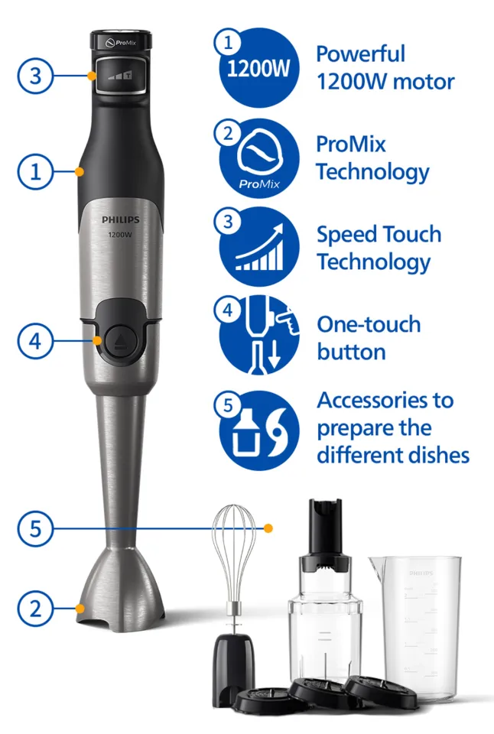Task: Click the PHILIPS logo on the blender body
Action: pos(120,219)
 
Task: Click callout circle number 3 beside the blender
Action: pos(36,76)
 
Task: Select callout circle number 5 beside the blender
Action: pos(36,528)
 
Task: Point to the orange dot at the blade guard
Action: pos(80,609)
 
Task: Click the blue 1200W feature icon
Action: pos(259,68)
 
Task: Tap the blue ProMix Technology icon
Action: pos(259,158)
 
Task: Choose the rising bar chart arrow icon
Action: pos(259,247)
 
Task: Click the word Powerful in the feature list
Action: pos(360,54)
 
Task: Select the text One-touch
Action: pos(369,324)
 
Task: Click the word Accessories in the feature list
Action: pos(385,400)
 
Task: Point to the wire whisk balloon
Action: pos(234,552)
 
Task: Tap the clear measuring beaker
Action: pos(415,627)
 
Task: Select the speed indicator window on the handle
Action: pos(121,75)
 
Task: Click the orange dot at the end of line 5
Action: pos(268,528)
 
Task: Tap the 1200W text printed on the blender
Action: pos(120,235)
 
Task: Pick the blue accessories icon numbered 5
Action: pos(259,430)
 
